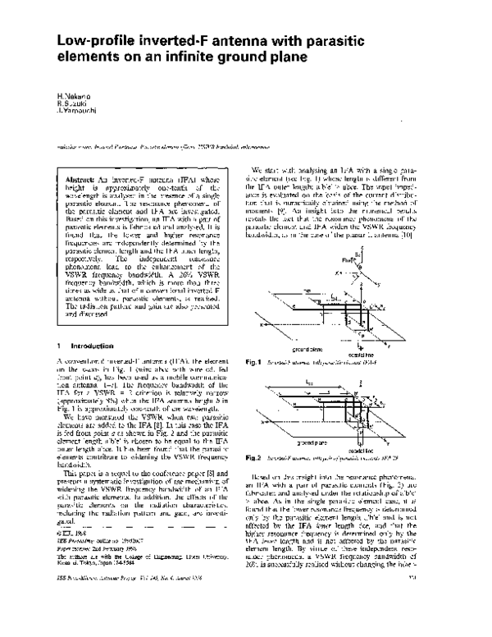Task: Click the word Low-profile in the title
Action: click(x=94, y=40)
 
